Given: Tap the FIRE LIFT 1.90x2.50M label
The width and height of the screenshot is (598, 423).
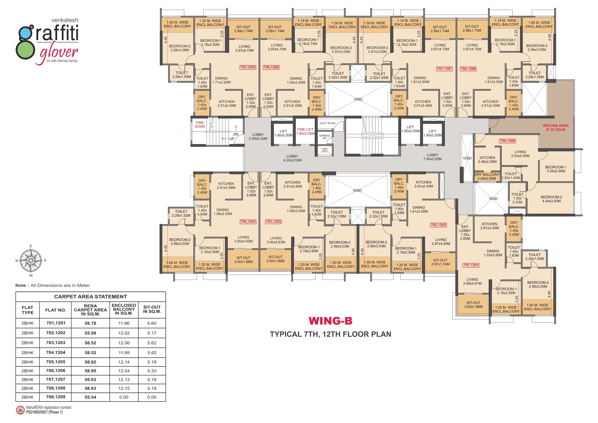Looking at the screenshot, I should [x=305, y=131].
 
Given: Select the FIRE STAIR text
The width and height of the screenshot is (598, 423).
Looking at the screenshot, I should [x=200, y=125].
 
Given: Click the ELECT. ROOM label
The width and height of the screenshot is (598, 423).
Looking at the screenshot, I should [x=327, y=123].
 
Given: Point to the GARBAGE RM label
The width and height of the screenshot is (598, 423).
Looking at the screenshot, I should [x=325, y=137].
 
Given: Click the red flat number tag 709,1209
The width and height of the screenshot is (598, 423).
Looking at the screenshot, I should [x=507, y=141].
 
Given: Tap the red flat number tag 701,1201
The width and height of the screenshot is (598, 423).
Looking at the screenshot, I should [x=471, y=265].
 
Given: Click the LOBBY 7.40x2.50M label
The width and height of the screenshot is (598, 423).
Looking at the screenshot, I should [x=432, y=157].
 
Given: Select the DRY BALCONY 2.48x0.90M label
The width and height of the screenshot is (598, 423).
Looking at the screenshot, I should [x=487, y=176].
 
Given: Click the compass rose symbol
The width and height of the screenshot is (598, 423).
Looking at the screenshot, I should [x=31, y=260].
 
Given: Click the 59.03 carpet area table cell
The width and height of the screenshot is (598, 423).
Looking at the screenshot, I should [x=90, y=380].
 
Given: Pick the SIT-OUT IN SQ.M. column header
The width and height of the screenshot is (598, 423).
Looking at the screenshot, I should [x=152, y=309].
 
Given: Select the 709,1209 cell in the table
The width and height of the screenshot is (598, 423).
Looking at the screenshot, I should [x=55, y=397].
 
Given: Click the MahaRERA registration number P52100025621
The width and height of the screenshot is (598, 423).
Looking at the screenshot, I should [x=44, y=412].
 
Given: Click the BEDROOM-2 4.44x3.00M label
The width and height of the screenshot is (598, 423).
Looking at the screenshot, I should [x=551, y=199].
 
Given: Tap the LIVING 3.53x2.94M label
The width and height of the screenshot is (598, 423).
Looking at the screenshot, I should [x=520, y=154].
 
